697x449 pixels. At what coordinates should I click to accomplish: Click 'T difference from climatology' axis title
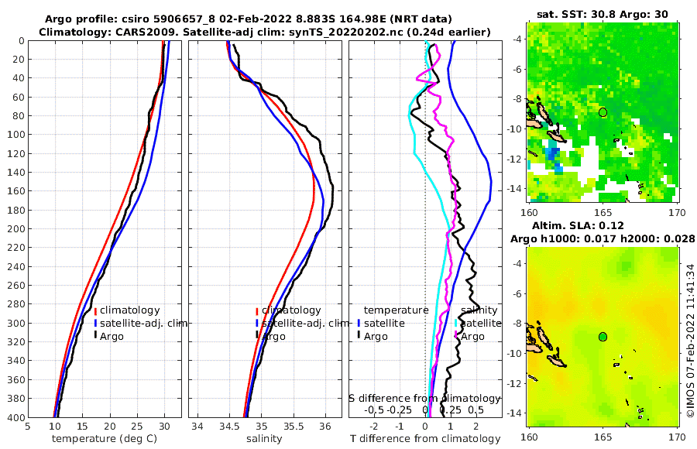point(426,439)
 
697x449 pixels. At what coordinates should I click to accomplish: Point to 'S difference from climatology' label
point(424,397)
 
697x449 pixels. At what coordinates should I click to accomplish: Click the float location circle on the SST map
point(603,112)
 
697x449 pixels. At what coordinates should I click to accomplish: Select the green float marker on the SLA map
point(603,337)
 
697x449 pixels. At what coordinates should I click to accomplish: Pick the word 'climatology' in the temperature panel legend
point(130,310)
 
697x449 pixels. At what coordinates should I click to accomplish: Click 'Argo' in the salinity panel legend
point(273,336)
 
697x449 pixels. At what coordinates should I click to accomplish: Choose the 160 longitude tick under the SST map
point(530,211)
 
